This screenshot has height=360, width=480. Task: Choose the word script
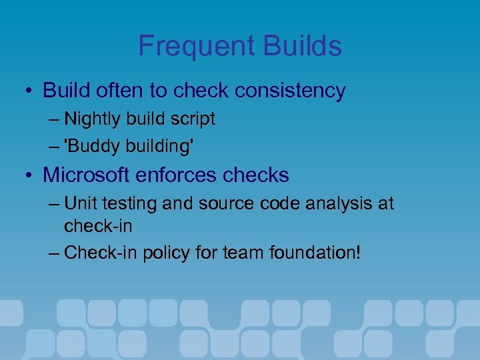click(193, 119)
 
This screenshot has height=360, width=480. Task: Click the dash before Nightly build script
click(53, 119)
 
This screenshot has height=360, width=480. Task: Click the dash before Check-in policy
click(53, 253)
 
